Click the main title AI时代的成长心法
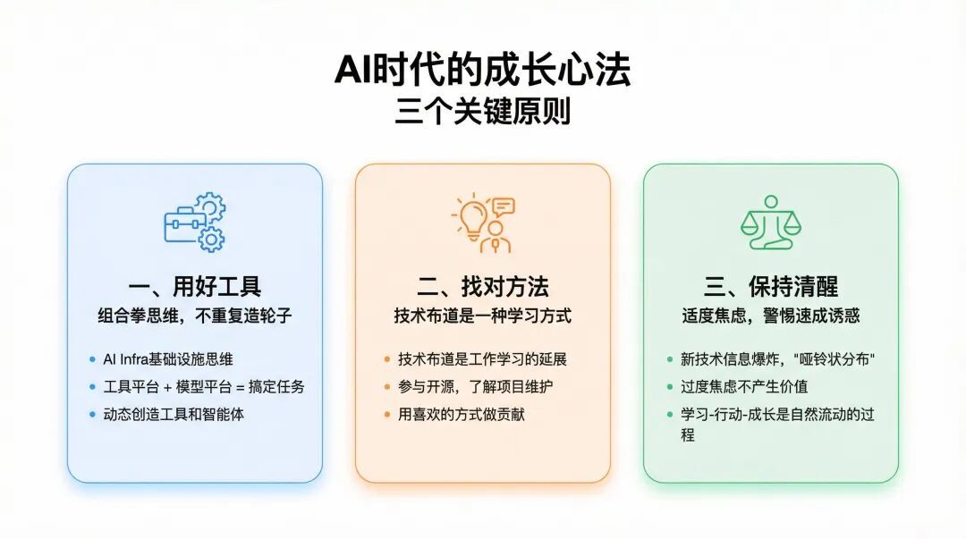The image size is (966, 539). (x=482, y=70)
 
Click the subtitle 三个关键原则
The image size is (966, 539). (x=482, y=111)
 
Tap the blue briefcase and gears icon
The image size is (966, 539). (x=195, y=222)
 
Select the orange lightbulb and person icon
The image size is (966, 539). (x=484, y=223)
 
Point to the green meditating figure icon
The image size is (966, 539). (x=771, y=223)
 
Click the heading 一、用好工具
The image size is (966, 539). (x=195, y=286)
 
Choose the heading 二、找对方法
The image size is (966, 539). (x=482, y=286)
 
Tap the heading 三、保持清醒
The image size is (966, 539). (x=771, y=286)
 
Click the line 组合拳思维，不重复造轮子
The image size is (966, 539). (x=195, y=316)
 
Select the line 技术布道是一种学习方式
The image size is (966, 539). (x=482, y=316)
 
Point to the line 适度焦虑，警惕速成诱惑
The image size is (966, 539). (x=771, y=316)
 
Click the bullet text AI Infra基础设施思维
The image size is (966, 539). (x=168, y=359)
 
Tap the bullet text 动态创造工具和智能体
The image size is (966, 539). (x=174, y=414)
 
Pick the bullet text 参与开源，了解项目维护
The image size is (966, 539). (x=475, y=387)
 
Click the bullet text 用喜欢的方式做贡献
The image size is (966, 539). (x=461, y=414)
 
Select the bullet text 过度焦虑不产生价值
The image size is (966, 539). (x=743, y=387)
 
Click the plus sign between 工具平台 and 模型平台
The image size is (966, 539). (x=167, y=387)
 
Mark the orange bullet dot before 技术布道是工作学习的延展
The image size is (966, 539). (x=387, y=359)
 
